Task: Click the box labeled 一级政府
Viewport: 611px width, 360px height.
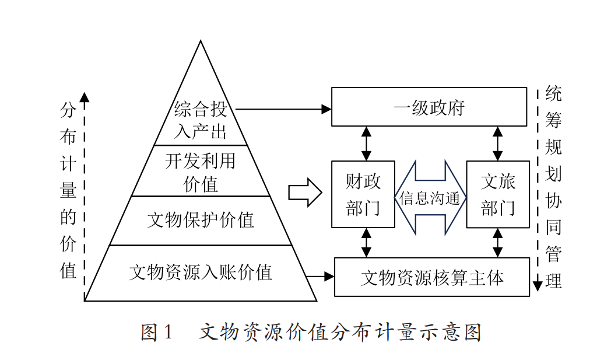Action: point(429,107)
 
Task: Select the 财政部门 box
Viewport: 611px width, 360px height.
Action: point(363,194)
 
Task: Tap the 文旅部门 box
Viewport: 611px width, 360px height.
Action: point(498,194)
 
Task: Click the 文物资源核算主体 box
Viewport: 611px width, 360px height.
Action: point(431,277)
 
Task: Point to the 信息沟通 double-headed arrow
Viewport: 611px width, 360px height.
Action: point(430,198)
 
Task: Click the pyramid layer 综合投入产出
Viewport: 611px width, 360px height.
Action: point(200,120)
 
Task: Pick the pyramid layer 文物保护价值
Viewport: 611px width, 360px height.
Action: point(200,221)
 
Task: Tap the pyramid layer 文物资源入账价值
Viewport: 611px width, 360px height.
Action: point(200,272)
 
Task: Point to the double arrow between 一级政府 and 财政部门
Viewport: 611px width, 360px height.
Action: point(366,144)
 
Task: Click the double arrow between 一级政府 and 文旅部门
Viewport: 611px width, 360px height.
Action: point(497,144)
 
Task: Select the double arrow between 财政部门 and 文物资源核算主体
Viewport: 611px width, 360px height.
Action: point(366,242)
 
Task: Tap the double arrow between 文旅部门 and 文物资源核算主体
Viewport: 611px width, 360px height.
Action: point(497,242)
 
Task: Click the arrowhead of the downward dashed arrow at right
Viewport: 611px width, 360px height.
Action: point(538,285)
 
